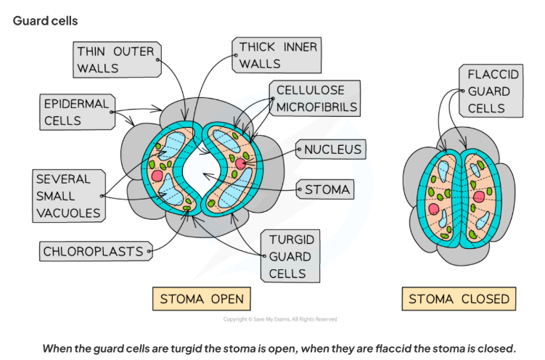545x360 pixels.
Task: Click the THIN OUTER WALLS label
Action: coord(116,59)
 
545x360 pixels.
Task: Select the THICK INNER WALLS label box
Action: coord(278,55)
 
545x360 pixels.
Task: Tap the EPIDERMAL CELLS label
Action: coord(75,112)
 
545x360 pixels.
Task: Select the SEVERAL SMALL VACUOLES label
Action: coord(67,195)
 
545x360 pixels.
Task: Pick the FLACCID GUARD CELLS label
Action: coord(490,91)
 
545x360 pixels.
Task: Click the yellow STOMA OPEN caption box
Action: coord(202,299)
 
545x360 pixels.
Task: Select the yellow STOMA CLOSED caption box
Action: coord(459,299)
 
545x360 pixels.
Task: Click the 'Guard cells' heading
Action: coord(45,21)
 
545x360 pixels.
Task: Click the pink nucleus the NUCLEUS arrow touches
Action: coord(240,165)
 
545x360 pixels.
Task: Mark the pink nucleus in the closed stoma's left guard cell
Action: coord(434,209)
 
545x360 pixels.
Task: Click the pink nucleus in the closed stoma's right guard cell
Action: coord(478,196)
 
